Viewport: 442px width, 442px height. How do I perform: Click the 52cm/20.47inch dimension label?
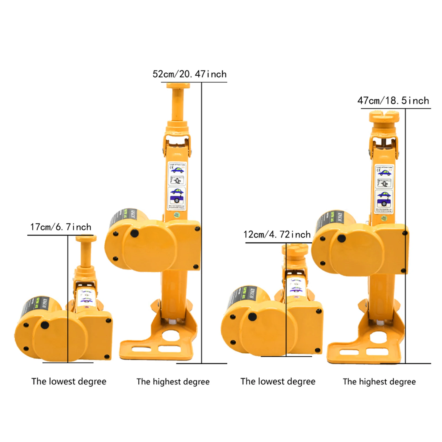pos(190,74)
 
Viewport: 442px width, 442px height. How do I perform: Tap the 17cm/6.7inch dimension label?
pos(61,227)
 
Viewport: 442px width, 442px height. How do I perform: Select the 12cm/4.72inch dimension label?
pos(277,235)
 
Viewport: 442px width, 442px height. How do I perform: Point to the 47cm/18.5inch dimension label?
pos(393,101)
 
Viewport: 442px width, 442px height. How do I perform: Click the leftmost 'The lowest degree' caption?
pos(69,382)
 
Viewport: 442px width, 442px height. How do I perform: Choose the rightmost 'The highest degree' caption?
pos(379,382)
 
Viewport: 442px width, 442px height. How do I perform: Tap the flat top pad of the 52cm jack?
pos(178,86)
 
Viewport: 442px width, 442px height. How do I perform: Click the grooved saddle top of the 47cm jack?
pos(384,116)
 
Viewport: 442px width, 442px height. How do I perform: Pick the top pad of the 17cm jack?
pos(86,238)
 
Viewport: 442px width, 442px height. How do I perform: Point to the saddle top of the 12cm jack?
pos(295,249)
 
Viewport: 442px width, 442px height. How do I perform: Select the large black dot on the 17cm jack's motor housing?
pos(45,325)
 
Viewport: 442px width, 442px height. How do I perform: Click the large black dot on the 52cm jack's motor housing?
pos(135,233)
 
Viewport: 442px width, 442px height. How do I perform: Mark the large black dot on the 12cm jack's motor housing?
pos(252,317)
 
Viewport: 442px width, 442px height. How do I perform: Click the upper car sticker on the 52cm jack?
pos(177,169)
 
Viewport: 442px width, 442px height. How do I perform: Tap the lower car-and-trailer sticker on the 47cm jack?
pos(384,199)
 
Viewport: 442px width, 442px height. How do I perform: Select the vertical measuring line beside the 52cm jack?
pos(202,221)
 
